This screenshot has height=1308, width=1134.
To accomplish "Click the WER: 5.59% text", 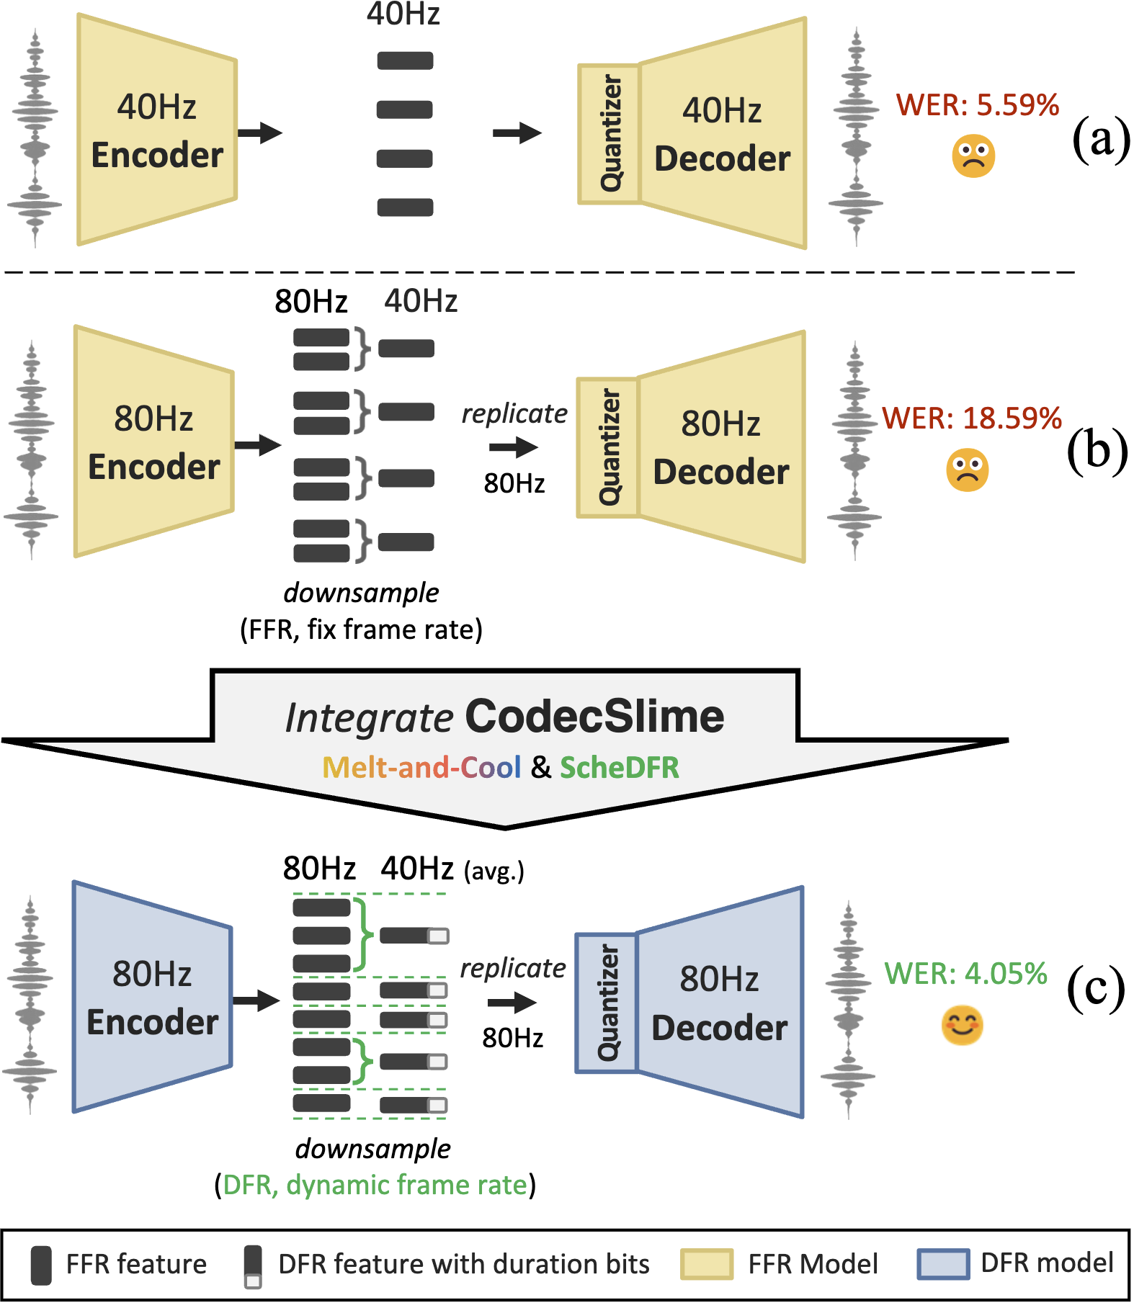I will click(977, 105).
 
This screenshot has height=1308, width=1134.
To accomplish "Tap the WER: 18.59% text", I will click(972, 418).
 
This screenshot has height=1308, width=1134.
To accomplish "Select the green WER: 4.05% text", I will click(965, 974).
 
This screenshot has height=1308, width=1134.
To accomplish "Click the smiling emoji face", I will click(962, 1026).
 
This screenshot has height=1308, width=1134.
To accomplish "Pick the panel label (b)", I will click(1097, 452).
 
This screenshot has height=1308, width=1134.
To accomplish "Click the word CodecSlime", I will click(594, 717).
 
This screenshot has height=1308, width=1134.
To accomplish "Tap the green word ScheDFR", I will click(619, 768).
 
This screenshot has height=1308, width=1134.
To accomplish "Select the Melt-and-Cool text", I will click(421, 768).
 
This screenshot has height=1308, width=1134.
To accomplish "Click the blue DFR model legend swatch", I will click(942, 1264).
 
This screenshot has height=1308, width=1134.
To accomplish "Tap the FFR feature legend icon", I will click(41, 1265).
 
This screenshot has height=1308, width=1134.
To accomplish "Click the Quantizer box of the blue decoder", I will click(607, 1003).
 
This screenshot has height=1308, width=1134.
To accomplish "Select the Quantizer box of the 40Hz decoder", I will click(610, 134).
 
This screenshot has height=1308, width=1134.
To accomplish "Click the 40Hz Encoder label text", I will click(157, 131).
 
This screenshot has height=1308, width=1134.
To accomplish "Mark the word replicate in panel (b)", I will click(514, 413).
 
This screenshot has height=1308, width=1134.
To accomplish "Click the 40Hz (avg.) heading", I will click(452, 869).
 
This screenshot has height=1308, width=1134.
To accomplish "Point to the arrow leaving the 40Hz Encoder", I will click(260, 133).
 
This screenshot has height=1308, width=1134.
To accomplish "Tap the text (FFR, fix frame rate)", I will click(361, 630).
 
